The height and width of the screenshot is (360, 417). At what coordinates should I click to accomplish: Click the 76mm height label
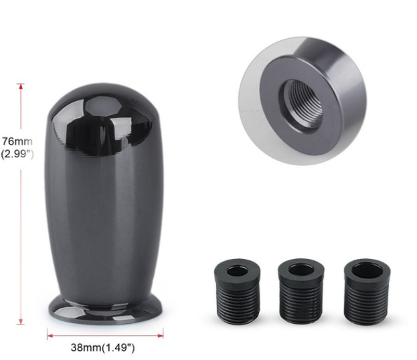(x=17, y=141)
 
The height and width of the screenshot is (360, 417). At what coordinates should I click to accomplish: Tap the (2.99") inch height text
(x=17, y=154)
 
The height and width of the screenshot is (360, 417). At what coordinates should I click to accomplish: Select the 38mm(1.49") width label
(x=102, y=347)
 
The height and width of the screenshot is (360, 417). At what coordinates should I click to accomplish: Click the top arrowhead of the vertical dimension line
(x=21, y=86)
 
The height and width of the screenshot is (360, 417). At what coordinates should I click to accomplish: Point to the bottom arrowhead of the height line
(x=21, y=322)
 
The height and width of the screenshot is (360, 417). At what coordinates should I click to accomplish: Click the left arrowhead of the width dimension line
(x=50, y=336)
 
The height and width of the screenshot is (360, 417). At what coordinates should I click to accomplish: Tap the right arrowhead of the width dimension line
(x=161, y=336)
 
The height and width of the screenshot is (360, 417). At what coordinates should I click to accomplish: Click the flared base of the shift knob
(x=105, y=310)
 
